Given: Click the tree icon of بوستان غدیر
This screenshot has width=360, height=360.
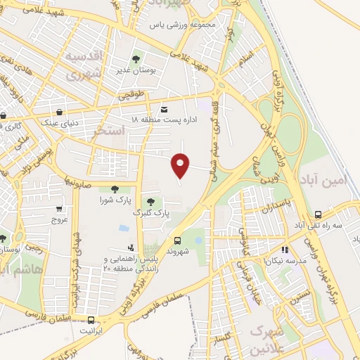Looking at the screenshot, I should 136,59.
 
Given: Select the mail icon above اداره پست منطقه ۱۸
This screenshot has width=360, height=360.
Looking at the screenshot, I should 164,109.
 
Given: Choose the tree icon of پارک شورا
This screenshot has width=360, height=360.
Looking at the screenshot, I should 115,188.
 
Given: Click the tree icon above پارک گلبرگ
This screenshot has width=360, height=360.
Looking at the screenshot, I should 150,202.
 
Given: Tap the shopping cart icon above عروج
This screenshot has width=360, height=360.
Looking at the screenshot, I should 59,208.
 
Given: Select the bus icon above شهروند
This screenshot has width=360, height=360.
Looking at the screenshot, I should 177,240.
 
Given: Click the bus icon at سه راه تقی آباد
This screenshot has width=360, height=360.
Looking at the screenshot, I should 319,214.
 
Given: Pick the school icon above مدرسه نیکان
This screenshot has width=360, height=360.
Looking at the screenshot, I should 285,249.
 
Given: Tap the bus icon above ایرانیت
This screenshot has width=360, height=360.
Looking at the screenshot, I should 90,320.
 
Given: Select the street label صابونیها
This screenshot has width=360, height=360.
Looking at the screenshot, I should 78,181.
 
